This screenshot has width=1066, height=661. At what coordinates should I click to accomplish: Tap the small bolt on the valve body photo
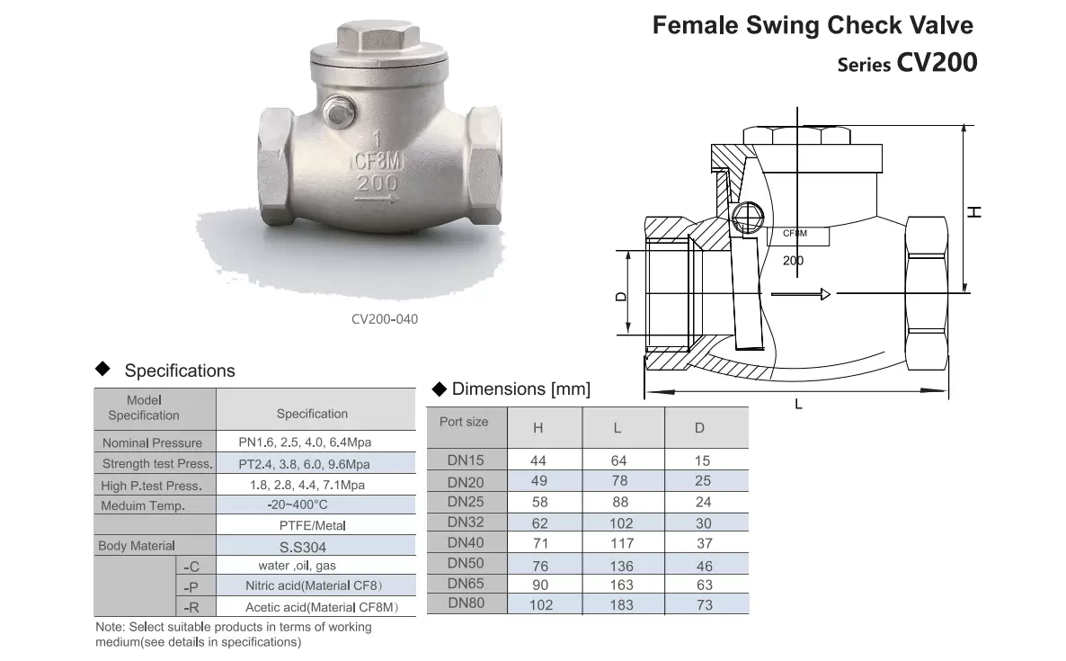[336, 109]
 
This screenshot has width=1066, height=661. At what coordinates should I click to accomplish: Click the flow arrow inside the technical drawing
[801, 294]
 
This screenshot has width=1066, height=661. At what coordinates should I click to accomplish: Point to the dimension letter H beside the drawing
[974, 212]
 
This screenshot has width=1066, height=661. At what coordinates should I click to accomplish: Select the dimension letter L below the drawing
[799, 404]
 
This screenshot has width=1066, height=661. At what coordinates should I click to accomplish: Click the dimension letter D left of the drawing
[620, 297]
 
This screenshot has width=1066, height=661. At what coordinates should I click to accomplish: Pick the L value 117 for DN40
[622, 544]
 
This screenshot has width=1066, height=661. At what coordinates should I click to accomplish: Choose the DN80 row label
[466, 603]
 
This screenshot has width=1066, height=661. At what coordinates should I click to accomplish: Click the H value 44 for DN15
[538, 461]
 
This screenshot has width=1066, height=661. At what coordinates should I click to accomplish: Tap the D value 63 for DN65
[705, 585]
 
